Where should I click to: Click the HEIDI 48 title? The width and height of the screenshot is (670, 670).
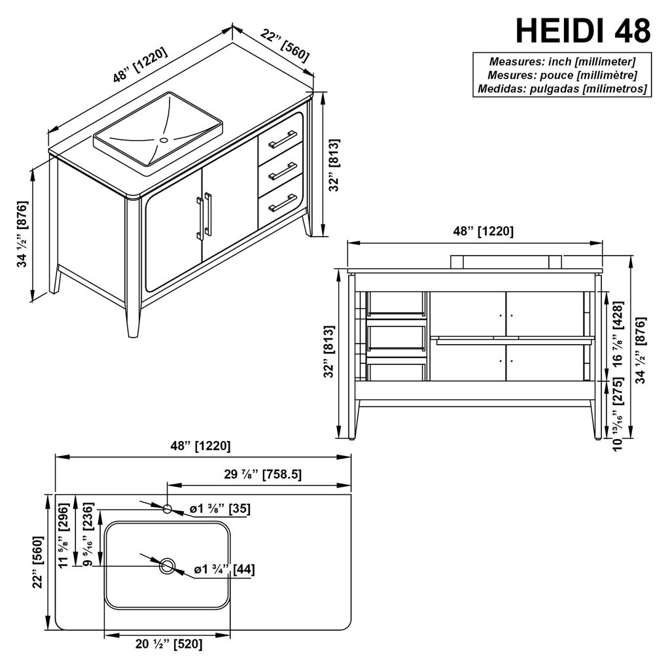583,30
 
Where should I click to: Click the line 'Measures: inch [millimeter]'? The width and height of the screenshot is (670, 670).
562,62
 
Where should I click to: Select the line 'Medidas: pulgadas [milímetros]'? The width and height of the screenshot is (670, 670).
562,88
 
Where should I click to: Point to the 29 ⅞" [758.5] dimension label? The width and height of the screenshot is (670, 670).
263,474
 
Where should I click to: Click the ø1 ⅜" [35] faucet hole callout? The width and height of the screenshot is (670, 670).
220,509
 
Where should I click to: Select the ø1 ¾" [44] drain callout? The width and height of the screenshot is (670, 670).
224,569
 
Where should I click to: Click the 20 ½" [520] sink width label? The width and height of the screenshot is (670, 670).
169,644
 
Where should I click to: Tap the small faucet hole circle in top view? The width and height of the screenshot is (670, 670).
167,508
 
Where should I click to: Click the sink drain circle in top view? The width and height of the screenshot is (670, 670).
167,566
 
